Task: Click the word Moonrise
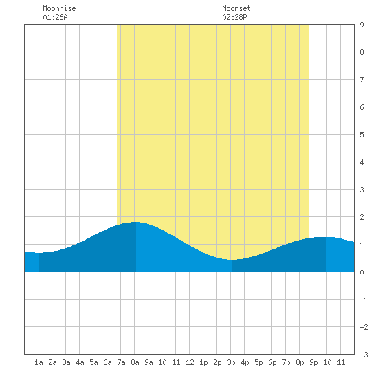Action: coord(59,8)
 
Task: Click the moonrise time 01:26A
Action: coord(55,17)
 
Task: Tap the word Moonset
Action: coord(236,8)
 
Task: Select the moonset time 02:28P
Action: coord(234,17)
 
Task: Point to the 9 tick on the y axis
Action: coord(362,25)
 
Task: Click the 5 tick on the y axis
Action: coord(362,135)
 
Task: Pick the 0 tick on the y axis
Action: coord(362,272)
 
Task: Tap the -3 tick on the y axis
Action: coord(364,355)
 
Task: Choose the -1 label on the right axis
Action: coord(364,300)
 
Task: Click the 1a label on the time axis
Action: coord(38,362)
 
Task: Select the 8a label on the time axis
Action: coord(135,362)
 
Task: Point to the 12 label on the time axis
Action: coord(190,362)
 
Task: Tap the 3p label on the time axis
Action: coord(231,362)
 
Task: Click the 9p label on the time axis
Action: coord(313,362)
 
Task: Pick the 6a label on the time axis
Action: coord(107,362)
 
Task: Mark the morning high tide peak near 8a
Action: coord(135,222)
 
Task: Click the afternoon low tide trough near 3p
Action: coord(232,260)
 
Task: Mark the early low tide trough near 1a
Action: coord(39,253)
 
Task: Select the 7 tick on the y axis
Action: coord(362,80)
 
